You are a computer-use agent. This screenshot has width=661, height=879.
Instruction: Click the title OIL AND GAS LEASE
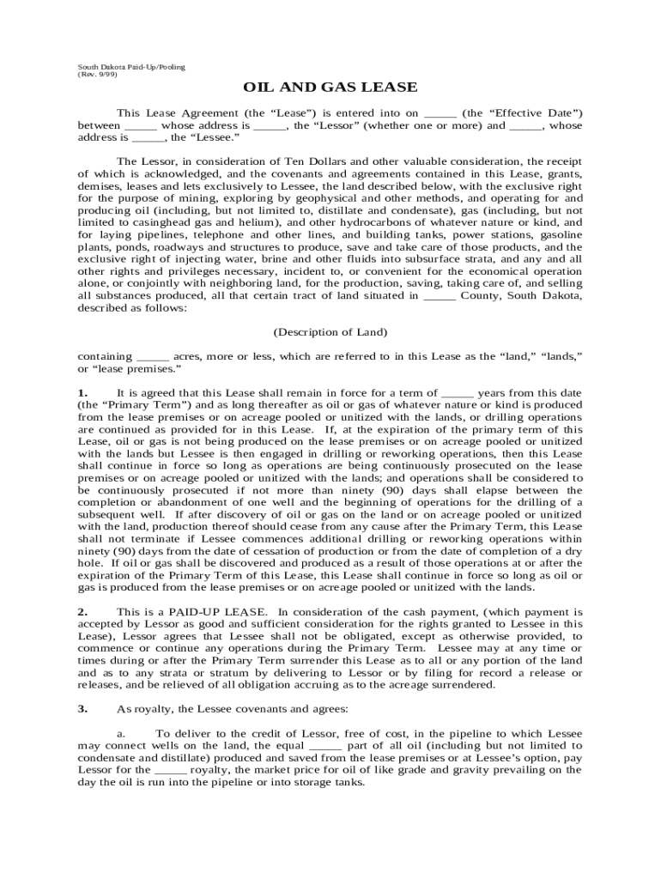click(330, 88)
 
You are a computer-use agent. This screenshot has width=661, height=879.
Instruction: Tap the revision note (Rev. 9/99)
click(98, 75)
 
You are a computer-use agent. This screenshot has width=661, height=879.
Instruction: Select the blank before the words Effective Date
click(440, 113)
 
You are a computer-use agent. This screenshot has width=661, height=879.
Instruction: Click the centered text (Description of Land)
click(330, 331)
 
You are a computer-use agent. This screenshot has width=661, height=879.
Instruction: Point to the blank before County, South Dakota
click(440, 296)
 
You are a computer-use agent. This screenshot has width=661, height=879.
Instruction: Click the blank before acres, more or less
click(153, 356)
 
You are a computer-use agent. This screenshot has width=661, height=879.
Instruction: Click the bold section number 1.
click(82, 392)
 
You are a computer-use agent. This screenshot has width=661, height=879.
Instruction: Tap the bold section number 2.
click(82, 612)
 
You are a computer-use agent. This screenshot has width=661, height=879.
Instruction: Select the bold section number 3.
click(82, 709)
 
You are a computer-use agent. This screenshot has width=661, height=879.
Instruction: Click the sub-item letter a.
click(121, 734)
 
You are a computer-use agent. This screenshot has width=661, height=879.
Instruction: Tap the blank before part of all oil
click(324, 746)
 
